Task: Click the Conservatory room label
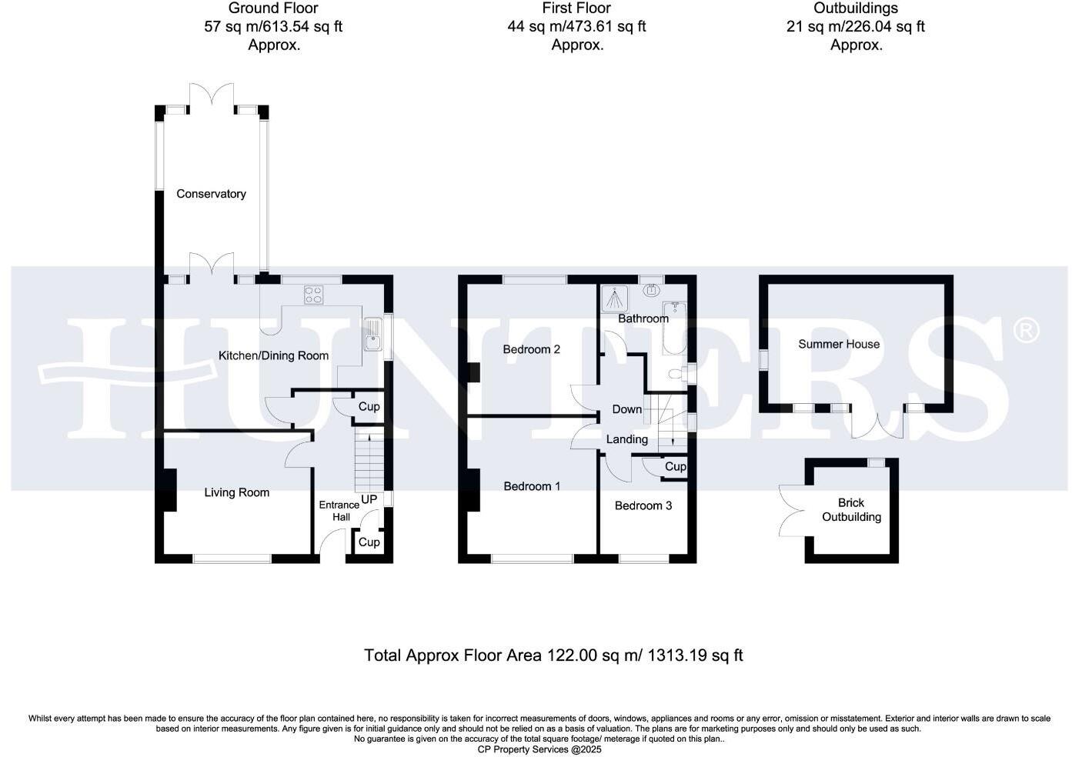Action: point(211,194)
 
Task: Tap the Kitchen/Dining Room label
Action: point(273,355)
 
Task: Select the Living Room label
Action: point(236,492)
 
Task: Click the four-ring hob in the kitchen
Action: point(313,295)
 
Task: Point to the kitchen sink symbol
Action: point(372,335)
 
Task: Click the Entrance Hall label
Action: point(339,511)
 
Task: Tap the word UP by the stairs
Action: point(369,499)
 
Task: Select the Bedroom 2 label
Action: point(531,349)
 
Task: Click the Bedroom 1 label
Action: point(532,486)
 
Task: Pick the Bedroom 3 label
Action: point(643,505)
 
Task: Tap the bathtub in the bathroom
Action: point(674,328)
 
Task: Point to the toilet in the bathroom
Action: point(675,375)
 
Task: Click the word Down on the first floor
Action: point(626,409)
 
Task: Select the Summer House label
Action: point(839,344)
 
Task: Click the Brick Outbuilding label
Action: point(851,509)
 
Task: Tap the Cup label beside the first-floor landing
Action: point(675,466)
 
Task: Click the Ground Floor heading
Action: point(273,8)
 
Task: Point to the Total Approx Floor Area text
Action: point(553,655)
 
